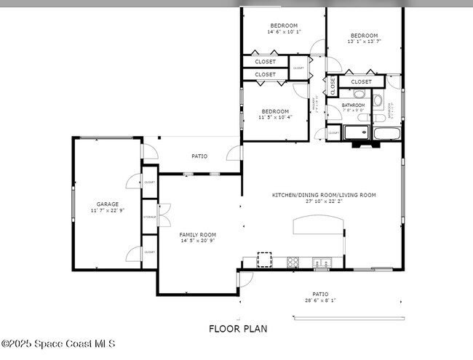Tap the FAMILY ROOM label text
click(x=198, y=234)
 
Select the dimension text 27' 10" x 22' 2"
click(x=324, y=201)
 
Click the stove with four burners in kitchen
click(x=293, y=262)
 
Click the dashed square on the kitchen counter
click(x=264, y=260)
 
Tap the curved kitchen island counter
click(x=317, y=227)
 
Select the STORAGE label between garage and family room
click(x=149, y=217)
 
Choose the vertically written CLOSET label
click(x=333, y=85)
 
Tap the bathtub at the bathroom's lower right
click(x=386, y=134)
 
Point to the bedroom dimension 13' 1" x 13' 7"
click(x=364, y=41)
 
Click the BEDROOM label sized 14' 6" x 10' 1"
click(x=283, y=25)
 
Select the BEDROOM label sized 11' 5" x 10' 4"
click(x=277, y=111)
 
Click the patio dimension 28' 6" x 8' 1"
click(x=320, y=300)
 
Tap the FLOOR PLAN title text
click(x=238, y=329)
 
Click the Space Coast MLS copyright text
click(x=58, y=343)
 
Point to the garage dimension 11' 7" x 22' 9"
click(x=108, y=210)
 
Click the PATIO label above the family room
click(x=199, y=156)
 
